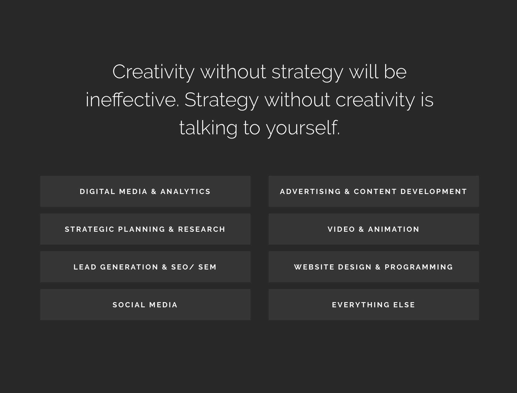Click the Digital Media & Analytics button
145,191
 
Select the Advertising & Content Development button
373,191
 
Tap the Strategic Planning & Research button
145,229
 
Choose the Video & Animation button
373,229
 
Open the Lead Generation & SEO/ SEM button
145,267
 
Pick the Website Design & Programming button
373,267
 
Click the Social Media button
145,304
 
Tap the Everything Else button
373,304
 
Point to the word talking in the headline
208,128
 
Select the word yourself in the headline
303,128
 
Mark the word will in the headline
363,71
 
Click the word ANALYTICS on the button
185,191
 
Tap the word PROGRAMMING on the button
419,267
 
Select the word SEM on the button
207,267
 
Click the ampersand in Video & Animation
361,229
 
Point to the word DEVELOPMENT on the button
434,191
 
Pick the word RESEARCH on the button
201,229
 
